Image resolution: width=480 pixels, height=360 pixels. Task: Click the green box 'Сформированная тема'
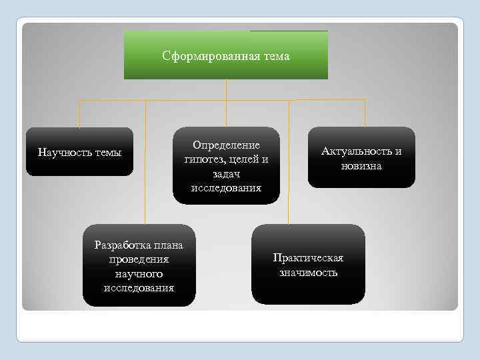pyautogui.click(x=226, y=55)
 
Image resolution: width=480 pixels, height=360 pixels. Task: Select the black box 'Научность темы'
pyautogui.click(x=79, y=151)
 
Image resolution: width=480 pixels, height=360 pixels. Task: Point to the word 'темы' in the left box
pyautogui.click(x=109, y=152)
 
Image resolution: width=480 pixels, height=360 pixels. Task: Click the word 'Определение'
pyautogui.click(x=226, y=145)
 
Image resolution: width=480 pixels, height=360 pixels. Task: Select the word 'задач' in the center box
pyautogui.click(x=226, y=173)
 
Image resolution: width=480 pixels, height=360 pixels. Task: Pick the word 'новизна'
pyautogui.click(x=361, y=166)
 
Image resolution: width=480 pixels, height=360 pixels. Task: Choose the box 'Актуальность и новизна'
pyautogui.click(x=361, y=157)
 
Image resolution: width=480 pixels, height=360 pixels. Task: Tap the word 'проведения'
pyautogui.click(x=139, y=259)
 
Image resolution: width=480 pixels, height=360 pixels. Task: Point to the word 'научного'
pyautogui.click(x=139, y=273)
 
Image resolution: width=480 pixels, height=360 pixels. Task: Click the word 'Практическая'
pyautogui.click(x=308, y=258)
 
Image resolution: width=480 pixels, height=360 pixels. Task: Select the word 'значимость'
pyautogui.click(x=308, y=273)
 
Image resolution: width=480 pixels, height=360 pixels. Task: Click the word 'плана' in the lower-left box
pyautogui.click(x=168, y=245)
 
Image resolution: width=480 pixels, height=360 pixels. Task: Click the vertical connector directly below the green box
pyautogui.click(x=226, y=89)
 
